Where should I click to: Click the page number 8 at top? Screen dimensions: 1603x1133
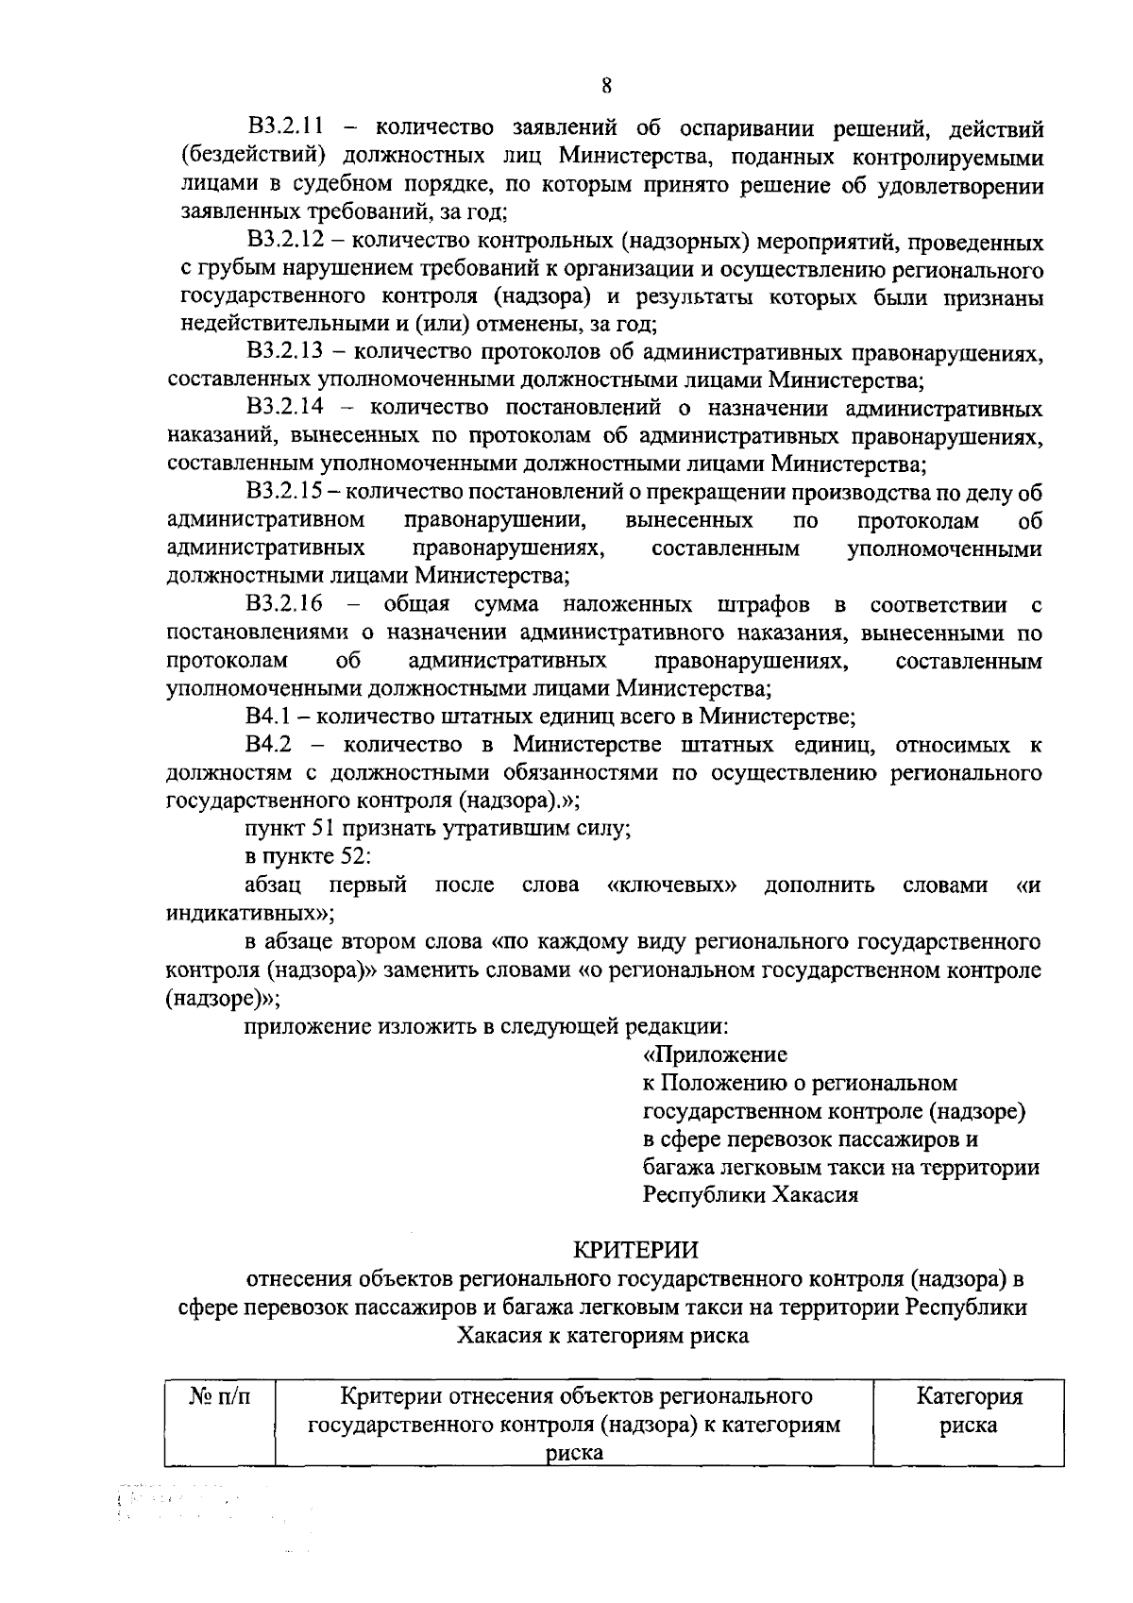607,86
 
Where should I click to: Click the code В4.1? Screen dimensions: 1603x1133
267,717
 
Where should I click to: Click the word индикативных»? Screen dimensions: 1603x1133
249,914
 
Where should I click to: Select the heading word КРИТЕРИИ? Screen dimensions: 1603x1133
636,1250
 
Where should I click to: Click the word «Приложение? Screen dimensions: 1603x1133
715,1055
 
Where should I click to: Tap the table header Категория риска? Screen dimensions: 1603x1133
969,1411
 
